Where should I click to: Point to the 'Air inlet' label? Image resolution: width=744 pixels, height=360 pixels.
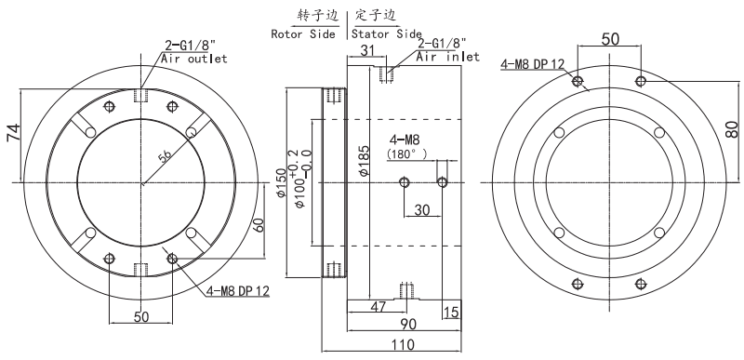click(448, 57)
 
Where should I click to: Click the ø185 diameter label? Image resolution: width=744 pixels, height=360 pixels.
click(365, 162)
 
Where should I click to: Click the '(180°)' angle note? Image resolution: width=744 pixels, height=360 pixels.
click(405, 153)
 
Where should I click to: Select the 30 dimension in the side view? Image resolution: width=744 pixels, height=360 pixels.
click(422, 210)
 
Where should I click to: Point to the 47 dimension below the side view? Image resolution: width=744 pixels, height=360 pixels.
click(379, 307)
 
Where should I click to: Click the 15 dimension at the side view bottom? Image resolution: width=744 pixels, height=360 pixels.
click(452, 312)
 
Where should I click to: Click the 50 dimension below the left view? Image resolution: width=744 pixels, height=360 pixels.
click(141, 316)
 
